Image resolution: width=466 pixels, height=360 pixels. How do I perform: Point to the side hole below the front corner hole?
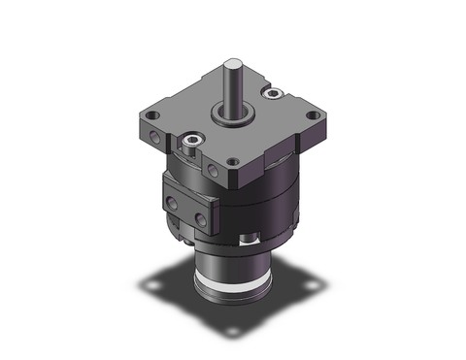pos(216,171)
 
